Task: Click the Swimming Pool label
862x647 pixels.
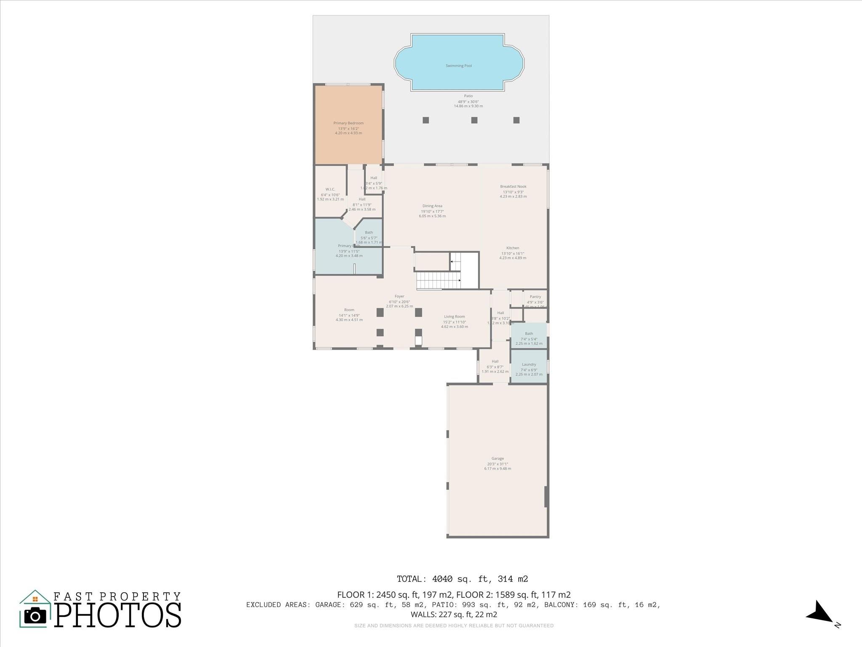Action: [459, 66]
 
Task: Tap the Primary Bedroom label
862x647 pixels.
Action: [349, 123]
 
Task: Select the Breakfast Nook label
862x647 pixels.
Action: [513, 186]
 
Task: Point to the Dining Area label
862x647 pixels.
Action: [432, 206]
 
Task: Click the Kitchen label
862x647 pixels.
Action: [513, 248]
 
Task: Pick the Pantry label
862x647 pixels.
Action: [535, 297]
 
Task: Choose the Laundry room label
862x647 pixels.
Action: [529, 364]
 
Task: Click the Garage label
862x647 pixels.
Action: [498, 458]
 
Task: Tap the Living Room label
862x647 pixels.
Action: [455, 316]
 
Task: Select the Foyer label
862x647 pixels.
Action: [399, 296]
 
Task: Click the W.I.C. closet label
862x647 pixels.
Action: [330, 189]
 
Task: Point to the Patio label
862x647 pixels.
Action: [468, 96]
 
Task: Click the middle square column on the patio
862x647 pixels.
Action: [474, 120]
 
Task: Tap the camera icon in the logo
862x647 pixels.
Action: [35, 616]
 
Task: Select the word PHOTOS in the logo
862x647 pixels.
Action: [118, 615]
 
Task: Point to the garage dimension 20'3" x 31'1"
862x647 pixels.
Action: [498, 464]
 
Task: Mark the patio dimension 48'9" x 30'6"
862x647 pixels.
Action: [468, 102]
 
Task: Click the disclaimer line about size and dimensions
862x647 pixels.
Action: [454, 626]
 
